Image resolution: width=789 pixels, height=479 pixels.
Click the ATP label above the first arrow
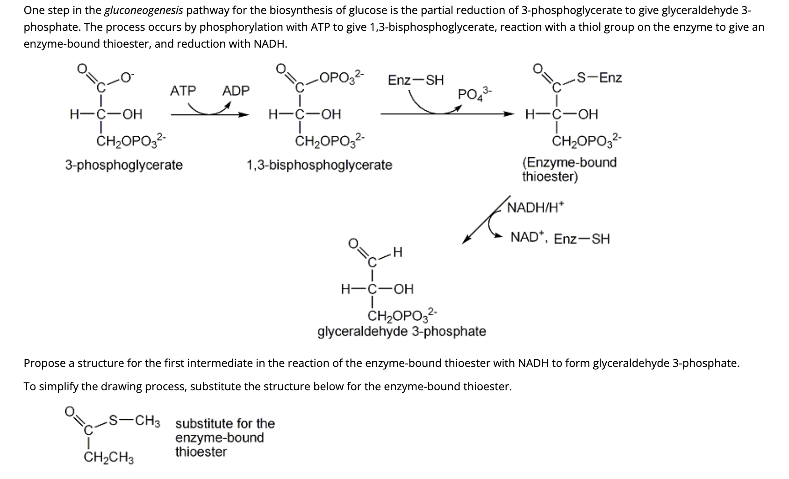[183, 91]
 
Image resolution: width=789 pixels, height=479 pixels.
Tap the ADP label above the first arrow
[236, 91]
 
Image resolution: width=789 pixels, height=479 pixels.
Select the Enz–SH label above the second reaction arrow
[416, 80]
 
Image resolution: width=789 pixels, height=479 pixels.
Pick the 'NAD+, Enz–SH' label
[560, 238]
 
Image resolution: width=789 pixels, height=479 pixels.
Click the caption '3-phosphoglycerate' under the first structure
[124, 165]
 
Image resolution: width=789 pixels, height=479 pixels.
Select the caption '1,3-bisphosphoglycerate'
[319, 165]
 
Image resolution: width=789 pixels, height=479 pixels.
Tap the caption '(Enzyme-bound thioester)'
[569, 169]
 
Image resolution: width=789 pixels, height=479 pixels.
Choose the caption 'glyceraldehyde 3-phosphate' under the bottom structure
[402, 331]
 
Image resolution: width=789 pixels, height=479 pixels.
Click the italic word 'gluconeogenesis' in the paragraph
[143, 10]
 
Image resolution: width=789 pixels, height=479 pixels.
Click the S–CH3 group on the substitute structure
[134, 421]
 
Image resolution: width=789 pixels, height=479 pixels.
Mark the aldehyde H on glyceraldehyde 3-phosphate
[397, 253]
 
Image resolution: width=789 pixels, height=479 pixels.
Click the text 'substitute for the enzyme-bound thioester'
[224, 437]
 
